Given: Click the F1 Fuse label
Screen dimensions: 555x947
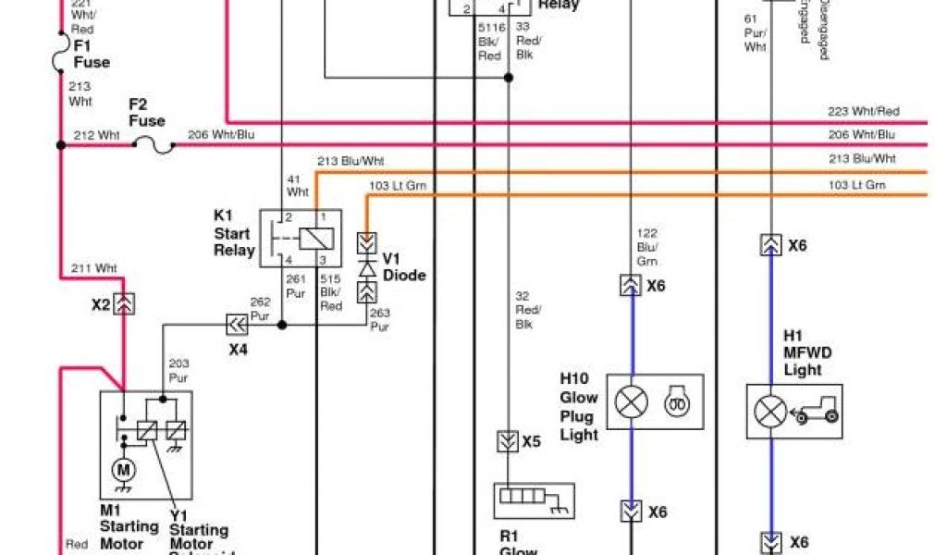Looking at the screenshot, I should click(x=91, y=54).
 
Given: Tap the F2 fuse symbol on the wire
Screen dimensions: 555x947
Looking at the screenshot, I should click(x=153, y=145).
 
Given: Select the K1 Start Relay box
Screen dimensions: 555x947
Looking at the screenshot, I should click(x=300, y=239).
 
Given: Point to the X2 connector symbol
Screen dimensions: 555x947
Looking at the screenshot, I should click(x=123, y=303).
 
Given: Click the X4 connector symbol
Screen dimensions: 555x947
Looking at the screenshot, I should click(x=238, y=325).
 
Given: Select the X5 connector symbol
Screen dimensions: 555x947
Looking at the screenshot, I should click(x=506, y=441).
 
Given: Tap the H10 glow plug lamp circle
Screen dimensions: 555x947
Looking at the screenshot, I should click(x=633, y=401).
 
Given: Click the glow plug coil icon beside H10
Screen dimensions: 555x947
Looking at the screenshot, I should click(x=676, y=401).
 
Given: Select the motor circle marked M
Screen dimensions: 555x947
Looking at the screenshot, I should click(x=123, y=471).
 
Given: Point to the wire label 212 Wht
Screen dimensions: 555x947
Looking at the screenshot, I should click(x=97, y=135).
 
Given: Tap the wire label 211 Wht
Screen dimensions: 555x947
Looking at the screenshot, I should click(x=95, y=269).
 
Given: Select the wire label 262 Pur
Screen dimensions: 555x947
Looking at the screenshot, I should click(x=261, y=307).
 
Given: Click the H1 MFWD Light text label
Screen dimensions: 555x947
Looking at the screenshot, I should click(x=803, y=352).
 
